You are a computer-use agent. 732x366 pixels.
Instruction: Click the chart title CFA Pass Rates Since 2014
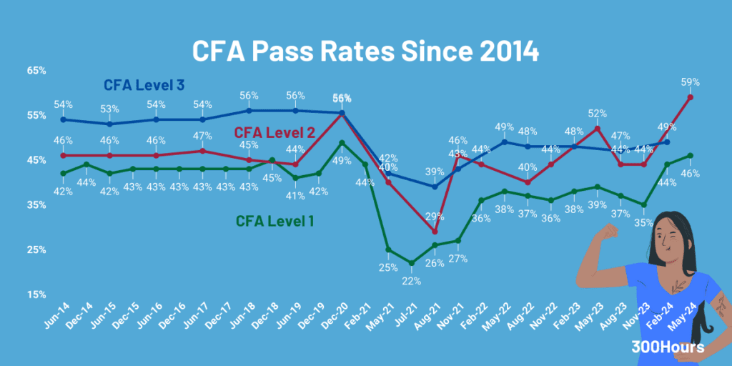(365, 52)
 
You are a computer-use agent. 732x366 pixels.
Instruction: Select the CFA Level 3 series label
(144, 85)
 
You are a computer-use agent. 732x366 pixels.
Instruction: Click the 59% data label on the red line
(691, 82)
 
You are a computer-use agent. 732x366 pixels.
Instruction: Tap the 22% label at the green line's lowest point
(412, 280)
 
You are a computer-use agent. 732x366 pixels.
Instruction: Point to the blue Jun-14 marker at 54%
(64, 119)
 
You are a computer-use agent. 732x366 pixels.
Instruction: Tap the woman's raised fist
(609, 232)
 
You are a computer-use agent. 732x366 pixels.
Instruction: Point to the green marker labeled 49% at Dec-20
(342, 142)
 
